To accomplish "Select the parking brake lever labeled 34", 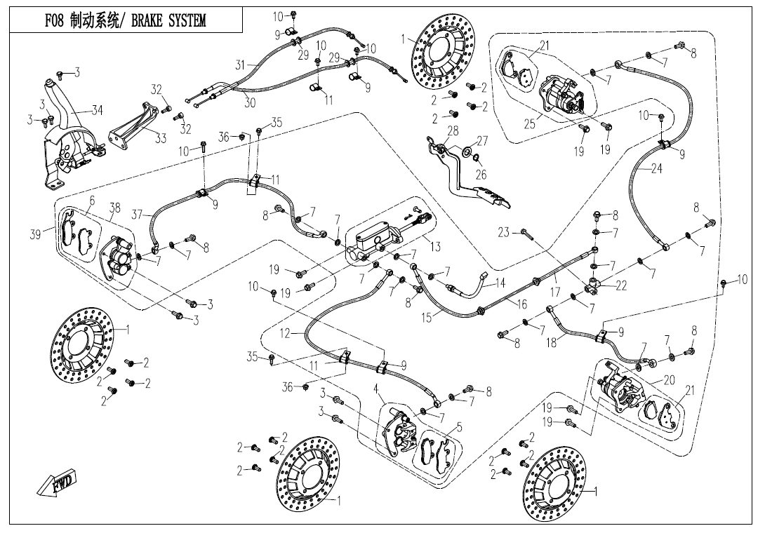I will point(70,116).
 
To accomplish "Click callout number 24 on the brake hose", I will point(656,169).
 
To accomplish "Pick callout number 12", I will point(284,334).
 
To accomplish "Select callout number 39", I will point(35,234).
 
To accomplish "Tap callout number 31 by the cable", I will point(241,65).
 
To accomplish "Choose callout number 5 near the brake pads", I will point(459,426).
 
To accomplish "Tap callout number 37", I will point(137,215).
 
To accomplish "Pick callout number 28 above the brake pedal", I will point(453,131).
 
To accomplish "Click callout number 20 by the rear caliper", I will point(668,380).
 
